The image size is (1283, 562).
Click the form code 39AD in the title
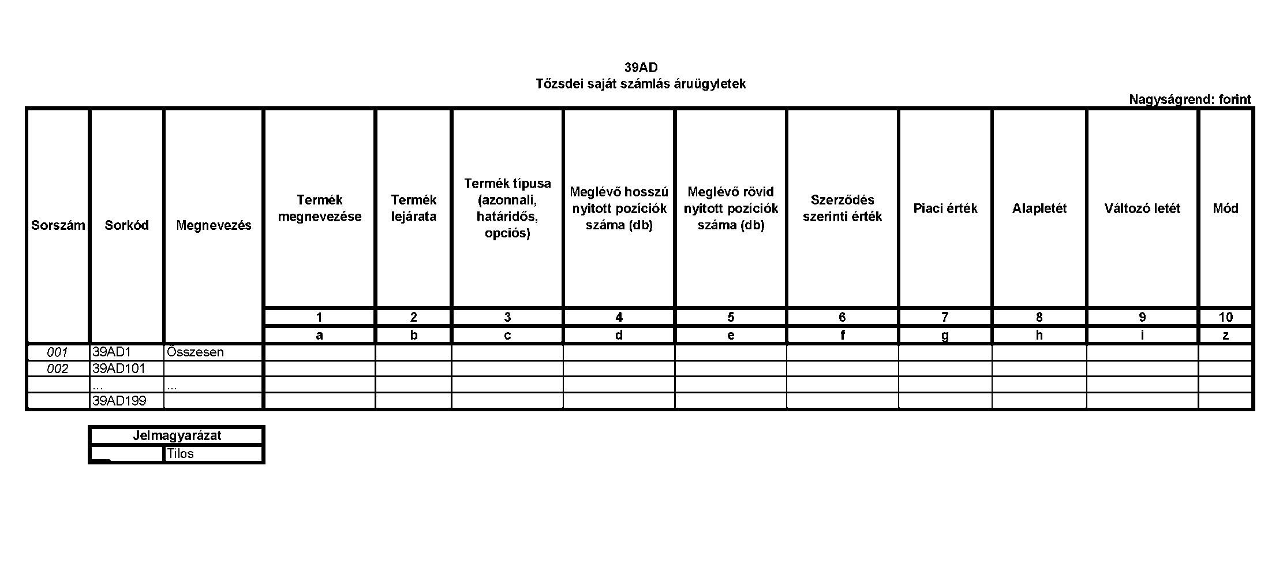click(x=641, y=68)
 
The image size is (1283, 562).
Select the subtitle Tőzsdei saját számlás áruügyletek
click(x=641, y=84)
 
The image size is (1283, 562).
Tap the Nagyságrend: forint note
click(x=1190, y=99)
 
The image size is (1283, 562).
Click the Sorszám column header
click(x=58, y=225)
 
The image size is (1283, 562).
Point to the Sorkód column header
click(x=126, y=225)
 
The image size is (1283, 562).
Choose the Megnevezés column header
click(x=214, y=225)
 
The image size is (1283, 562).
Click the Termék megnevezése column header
click(x=320, y=209)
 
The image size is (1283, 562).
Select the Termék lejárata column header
click(x=414, y=209)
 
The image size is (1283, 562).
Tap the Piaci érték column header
click(x=945, y=209)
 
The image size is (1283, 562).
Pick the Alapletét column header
click(x=1039, y=209)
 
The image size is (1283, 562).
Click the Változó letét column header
click(x=1142, y=209)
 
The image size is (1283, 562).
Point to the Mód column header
click(x=1225, y=209)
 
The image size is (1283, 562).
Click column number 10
click(x=1225, y=317)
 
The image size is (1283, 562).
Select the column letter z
click(x=1225, y=336)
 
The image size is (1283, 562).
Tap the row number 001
click(x=57, y=352)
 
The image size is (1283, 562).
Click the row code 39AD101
click(x=118, y=369)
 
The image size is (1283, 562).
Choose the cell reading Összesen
click(x=195, y=352)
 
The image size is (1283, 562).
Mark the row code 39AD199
click(x=119, y=401)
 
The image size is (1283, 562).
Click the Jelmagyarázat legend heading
click(x=177, y=436)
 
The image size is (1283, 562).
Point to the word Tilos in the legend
click(x=180, y=454)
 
